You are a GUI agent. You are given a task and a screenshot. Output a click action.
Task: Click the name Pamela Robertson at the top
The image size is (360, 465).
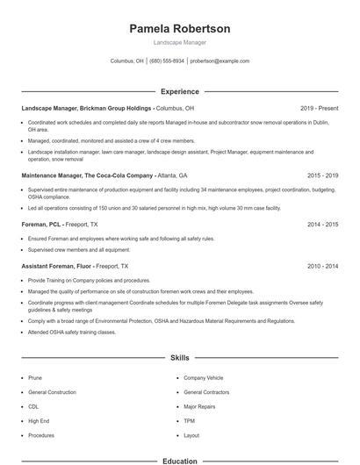tap(180, 29)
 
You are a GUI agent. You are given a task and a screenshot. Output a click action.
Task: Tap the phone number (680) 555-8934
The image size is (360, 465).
tap(167, 61)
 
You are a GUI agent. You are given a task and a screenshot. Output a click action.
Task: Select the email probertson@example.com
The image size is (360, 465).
tap(220, 61)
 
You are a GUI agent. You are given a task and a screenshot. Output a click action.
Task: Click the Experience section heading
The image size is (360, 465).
tap(180, 91)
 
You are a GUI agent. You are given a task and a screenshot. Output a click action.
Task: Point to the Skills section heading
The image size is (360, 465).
tap(180, 358)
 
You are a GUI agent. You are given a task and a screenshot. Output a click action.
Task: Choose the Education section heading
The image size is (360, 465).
tap(180, 460)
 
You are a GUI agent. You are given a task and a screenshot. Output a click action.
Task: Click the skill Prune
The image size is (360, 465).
tap(35, 377)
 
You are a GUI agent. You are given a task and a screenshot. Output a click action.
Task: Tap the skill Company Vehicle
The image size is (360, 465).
tap(203, 377)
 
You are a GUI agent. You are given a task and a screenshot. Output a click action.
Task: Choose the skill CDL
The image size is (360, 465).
tap(33, 406)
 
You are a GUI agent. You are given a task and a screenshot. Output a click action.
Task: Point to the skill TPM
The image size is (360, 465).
tap(189, 421)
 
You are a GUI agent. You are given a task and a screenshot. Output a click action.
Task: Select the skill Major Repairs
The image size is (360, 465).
tap(199, 406)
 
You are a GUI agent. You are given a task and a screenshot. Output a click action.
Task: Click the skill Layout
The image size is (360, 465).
tap(191, 435)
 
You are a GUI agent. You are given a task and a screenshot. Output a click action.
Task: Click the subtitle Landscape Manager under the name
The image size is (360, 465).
tap(180, 42)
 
